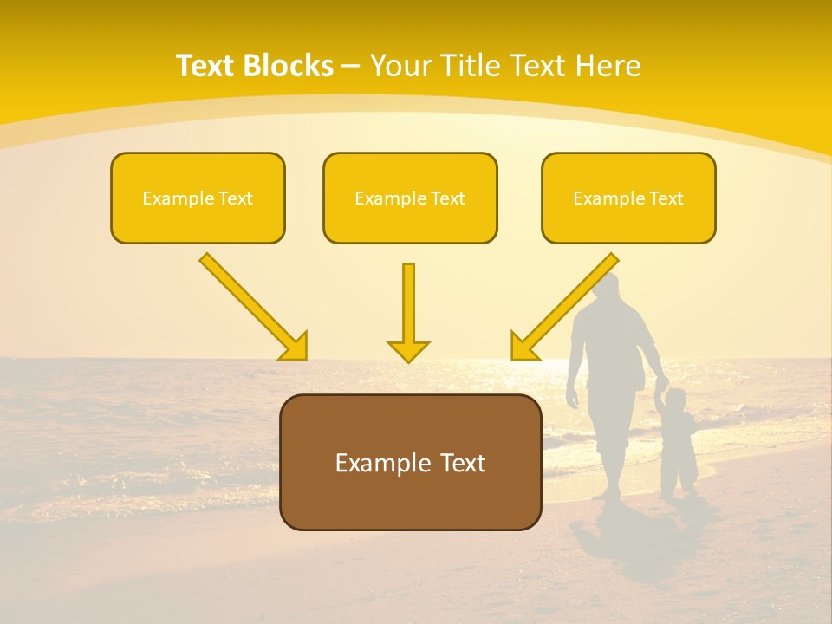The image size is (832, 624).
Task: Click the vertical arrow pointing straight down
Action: (x=408, y=312)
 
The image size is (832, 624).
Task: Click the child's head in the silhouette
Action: (x=676, y=400)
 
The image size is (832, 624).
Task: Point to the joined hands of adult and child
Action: (x=663, y=384)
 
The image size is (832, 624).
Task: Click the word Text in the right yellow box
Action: (x=665, y=198)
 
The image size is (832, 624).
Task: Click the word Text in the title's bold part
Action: (x=207, y=66)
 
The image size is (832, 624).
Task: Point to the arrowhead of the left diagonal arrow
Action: (x=294, y=346)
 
